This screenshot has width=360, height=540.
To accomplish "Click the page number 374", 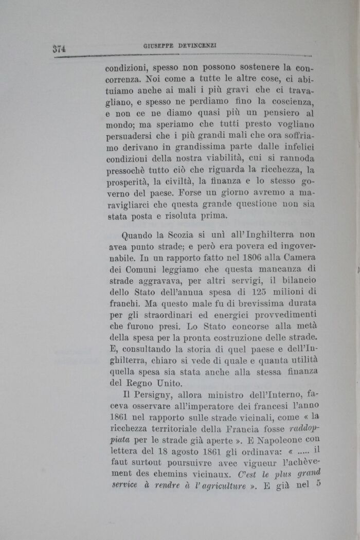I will [61, 49].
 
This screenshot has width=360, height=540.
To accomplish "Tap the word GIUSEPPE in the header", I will [158, 46].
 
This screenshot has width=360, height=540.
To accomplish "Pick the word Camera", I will [298, 258].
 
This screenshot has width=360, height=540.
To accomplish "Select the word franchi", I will [121, 303].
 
